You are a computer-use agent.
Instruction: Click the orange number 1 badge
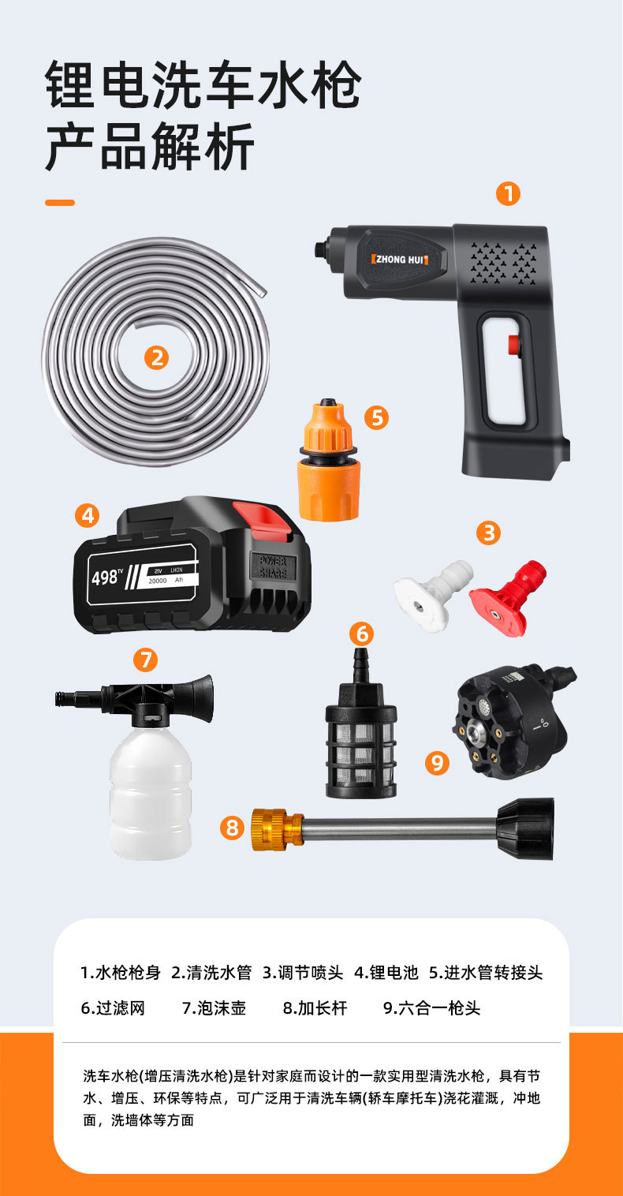coord(508,194)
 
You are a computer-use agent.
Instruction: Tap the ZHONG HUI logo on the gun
coord(400,260)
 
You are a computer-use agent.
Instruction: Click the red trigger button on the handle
coord(515,345)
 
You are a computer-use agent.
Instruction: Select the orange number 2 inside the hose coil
coord(156,357)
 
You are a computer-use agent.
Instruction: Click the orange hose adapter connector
coord(328,459)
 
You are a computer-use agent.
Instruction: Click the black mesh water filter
coord(361,726)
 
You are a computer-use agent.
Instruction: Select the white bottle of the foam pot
coord(151,791)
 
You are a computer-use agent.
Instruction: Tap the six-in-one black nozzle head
coord(513,721)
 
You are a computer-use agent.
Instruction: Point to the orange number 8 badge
coord(232,828)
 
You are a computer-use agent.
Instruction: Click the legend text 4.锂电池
coord(386,972)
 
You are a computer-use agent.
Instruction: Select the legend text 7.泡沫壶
coord(214,1008)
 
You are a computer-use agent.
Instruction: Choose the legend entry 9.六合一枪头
coord(432,1008)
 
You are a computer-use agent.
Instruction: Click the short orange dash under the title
coord(60,203)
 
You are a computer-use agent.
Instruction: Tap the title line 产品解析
coord(150,146)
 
